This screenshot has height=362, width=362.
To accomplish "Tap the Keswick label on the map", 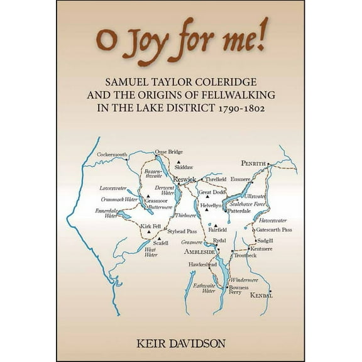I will coord(185,178).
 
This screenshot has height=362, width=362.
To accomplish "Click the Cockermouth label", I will coord(112,155).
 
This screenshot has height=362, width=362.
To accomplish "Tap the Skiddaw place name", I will coord(184,167).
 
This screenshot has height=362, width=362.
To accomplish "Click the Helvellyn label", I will coord(211,206).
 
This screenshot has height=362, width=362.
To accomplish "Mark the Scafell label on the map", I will coord(161,243).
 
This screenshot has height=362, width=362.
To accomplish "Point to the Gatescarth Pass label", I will coord(274,230).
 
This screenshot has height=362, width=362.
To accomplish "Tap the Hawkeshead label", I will coord(202,265).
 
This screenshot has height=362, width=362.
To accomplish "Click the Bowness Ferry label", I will coord(238,290).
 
